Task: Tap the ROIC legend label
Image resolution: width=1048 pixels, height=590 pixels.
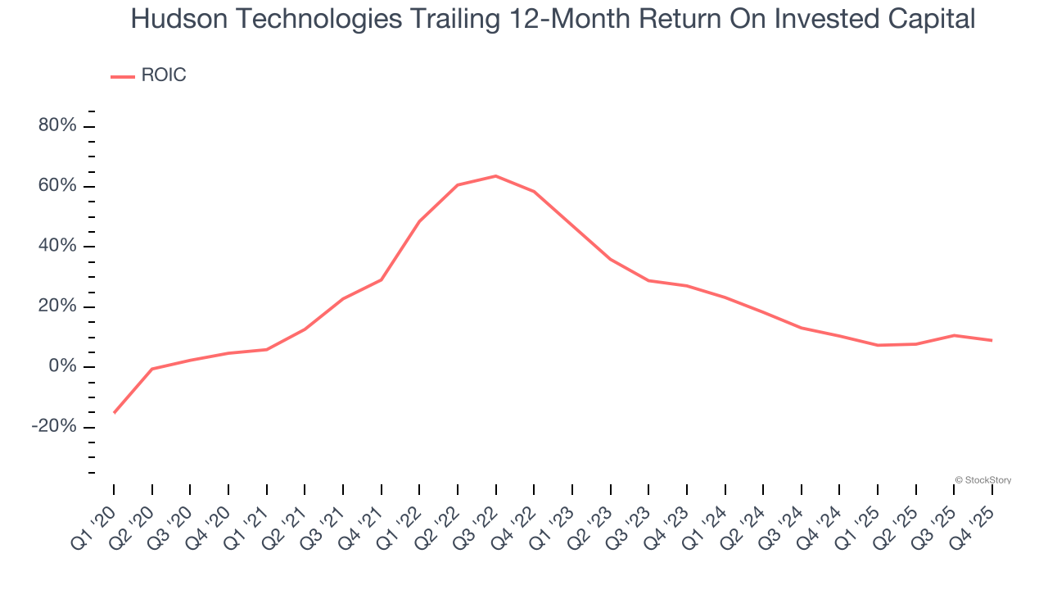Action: click(x=164, y=75)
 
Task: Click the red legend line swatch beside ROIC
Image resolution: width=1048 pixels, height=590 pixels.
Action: click(x=123, y=76)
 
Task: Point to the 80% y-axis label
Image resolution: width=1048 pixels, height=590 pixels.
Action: click(x=57, y=126)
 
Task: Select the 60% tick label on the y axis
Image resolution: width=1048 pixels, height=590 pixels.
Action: click(x=57, y=186)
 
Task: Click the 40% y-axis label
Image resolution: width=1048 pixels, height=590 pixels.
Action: click(x=57, y=247)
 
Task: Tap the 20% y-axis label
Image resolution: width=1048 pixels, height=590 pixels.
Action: click(x=57, y=306)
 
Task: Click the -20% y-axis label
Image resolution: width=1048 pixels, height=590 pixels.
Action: click(x=54, y=427)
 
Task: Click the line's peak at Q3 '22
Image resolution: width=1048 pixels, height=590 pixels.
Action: click(x=496, y=175)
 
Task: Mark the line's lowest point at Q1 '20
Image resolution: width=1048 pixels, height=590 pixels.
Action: click(x=114, y=412)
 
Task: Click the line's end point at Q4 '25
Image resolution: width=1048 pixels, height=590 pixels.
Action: click(x=992, y=340)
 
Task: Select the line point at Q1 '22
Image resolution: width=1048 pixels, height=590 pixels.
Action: click(x=419, y=221)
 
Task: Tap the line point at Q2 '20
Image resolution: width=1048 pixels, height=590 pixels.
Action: click(x=152, y=369)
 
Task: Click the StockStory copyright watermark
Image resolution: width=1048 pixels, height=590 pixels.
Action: click(x=983, y=480)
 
